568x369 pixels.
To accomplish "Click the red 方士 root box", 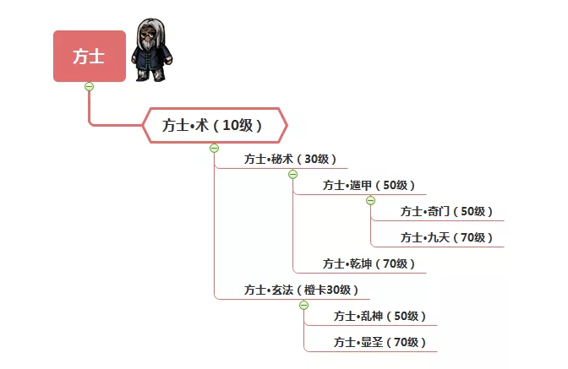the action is tap(90, 56).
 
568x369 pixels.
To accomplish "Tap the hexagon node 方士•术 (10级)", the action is tap(215, 125).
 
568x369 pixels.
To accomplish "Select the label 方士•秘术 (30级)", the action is tap(290, 159).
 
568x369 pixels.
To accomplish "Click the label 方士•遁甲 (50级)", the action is tap(369, 185).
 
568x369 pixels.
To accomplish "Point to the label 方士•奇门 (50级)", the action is tap(446, 211).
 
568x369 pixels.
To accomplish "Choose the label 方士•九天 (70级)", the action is tap(446, 237).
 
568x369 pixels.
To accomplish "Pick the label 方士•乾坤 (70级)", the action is tap(369, 263).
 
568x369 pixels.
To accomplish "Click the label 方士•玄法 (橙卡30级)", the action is tap(301, 290).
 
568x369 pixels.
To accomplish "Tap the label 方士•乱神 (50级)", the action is tap(380, 316).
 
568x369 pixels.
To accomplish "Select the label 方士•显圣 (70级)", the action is tap(380, 342).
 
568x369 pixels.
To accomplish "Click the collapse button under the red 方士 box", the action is tap(89, 86).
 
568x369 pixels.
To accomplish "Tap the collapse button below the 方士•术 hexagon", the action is tap(215, 148).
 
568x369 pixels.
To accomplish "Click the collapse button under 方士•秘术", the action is tap(292, 175).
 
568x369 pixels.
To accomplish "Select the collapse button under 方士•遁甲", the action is tap(370, 200).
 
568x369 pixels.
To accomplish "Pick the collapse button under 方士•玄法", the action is tap(304, 306).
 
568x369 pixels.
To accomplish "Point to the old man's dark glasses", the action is tap(147, 35).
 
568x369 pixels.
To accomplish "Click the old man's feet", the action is tap(151, 77).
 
